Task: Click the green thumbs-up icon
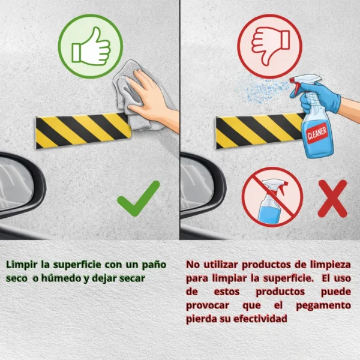point(91,46)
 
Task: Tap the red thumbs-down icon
point(269,46)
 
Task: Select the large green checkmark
point(139,199)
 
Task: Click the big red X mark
point(332,199)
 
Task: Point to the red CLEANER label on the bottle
point(317,133)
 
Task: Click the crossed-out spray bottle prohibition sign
point(272,197)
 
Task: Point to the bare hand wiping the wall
point(152,99)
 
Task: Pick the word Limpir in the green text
point(22,265)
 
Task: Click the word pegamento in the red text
point(323,305)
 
